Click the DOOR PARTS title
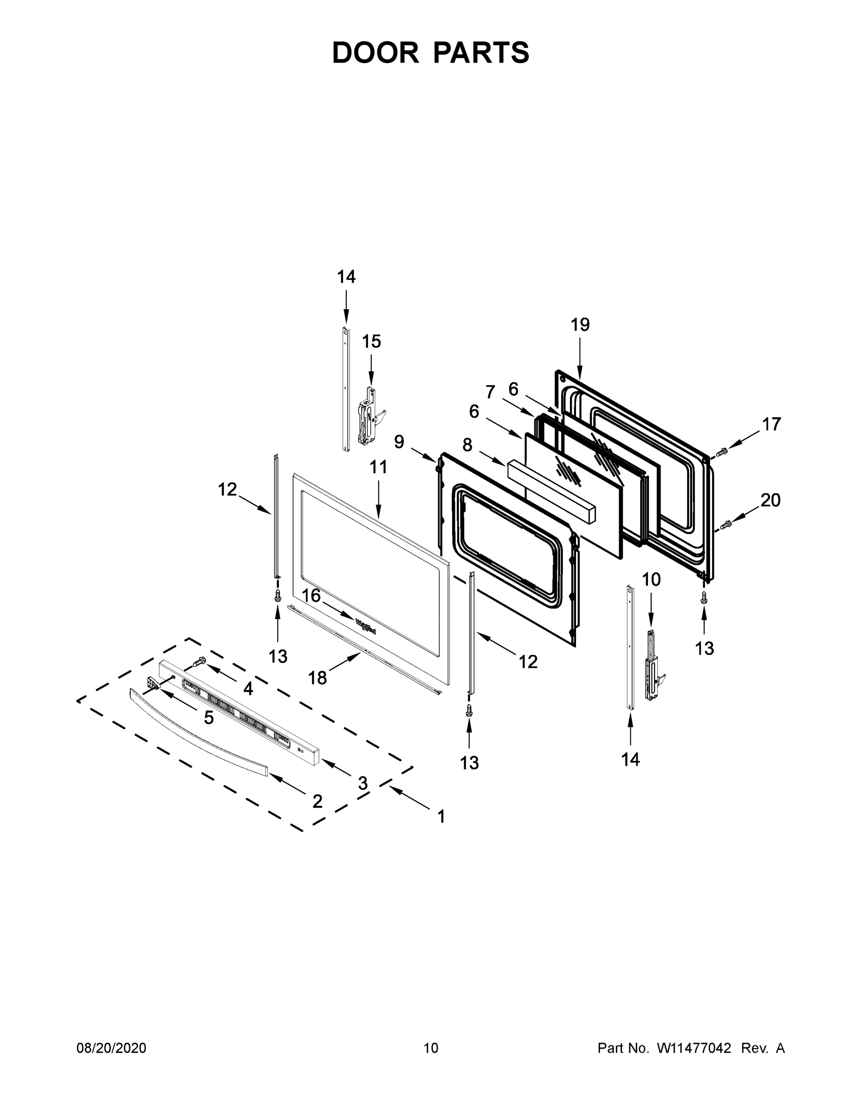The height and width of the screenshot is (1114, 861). (x=431, y=52)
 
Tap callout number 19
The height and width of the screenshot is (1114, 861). (x=580, y=324)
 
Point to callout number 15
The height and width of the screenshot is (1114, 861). (x=371, y=341)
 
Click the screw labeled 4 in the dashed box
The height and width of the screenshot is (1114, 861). (x=199, y=662)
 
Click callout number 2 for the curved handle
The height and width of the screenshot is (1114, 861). (x=317, y=801)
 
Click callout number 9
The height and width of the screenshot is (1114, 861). (x=399, y=442)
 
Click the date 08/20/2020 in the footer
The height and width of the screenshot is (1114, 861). (x=111, y=1048)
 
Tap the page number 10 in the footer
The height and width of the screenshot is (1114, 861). (x=431, y=1048)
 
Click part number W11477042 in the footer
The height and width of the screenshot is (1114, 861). (x=694, y=1048)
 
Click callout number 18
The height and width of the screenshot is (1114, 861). (x=317, y=678)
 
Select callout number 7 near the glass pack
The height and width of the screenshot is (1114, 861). (x=490, y=392)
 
